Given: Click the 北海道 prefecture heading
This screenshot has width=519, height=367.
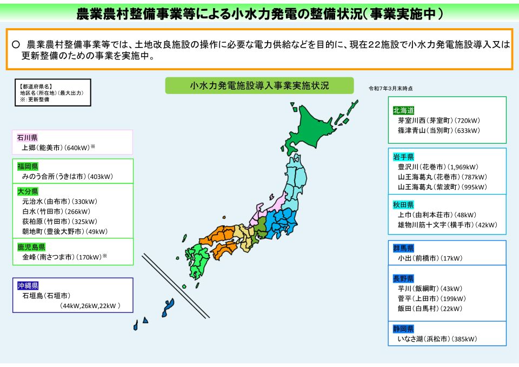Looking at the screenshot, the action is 403,110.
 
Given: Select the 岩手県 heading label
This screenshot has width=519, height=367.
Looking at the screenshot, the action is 403,157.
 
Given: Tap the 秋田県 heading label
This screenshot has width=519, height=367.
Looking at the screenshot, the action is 403,204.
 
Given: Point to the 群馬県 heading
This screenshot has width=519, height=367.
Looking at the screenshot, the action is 403,248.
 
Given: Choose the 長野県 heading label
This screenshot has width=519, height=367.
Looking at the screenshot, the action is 403,278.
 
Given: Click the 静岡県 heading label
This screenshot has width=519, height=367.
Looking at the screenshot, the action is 403,329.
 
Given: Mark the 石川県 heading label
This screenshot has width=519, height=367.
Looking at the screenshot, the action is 26,137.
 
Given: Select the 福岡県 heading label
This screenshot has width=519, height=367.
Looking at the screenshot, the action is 26,166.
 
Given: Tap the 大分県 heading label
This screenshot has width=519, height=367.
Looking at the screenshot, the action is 26,191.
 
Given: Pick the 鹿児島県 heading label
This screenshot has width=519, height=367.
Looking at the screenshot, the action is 30,247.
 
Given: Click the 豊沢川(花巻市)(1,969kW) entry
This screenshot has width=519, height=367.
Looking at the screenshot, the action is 438,167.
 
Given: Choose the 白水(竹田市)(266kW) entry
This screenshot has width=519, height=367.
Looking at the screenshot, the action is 56,211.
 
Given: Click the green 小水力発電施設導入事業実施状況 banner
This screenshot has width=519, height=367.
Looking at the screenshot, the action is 259,85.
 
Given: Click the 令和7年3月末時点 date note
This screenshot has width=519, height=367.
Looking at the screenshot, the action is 390,88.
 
